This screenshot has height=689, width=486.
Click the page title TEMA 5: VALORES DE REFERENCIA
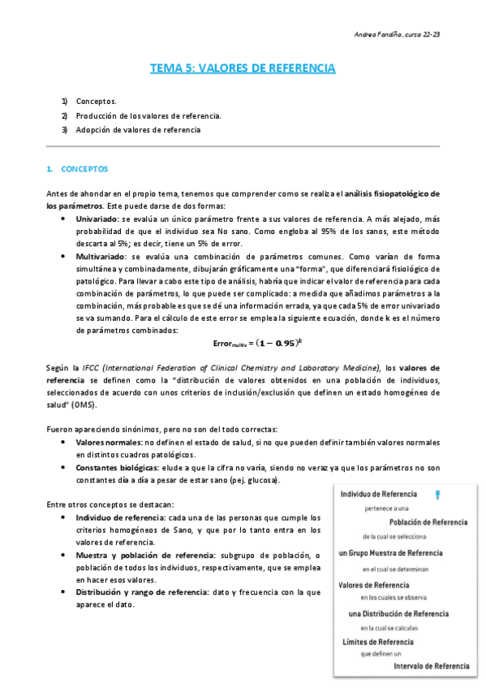243,68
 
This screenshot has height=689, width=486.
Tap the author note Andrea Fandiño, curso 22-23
398,35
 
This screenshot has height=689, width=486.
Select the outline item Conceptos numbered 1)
96,102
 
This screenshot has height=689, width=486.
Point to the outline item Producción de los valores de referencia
148,115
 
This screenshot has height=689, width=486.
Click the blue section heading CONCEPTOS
84,168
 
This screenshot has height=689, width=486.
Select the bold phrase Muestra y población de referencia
145,555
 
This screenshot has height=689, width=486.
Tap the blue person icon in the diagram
438,493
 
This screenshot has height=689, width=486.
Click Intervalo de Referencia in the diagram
429,666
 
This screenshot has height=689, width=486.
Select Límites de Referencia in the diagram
379,641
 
